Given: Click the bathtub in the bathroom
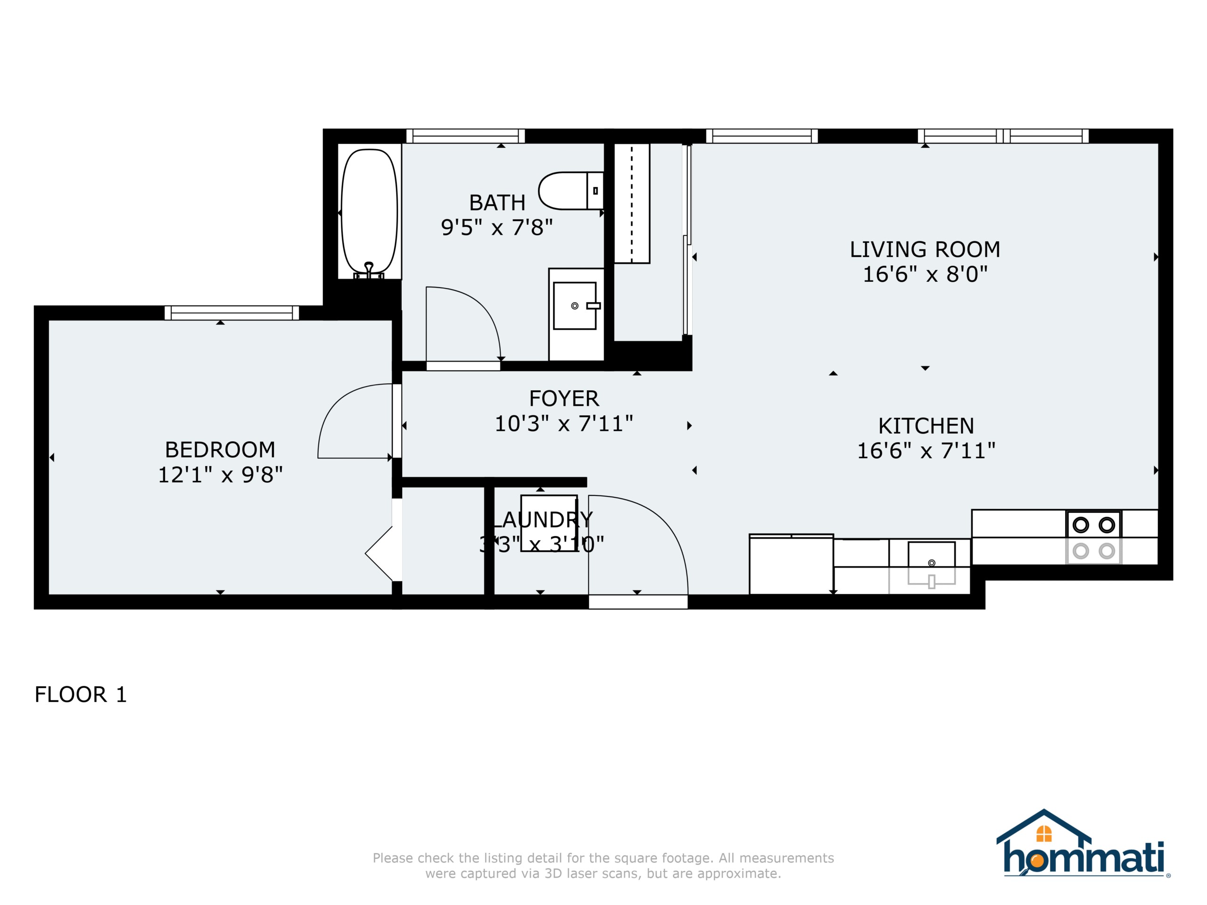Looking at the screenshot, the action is click(x=369, y=213).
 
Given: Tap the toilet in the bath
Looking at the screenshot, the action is click(x=571, y=191).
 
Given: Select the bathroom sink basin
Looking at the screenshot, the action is click(x=575, y=305).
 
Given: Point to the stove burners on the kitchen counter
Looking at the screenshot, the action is click(x=1093, y=537).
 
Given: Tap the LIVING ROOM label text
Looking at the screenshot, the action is click(x=925, y=250).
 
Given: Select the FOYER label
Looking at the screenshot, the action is click(x=564, y=399).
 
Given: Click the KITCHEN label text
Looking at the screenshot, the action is click(x=926, y=426).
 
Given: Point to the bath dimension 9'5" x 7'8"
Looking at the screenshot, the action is click(x=496, y=228).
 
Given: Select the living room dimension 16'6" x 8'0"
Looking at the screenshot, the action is click(x=925, y=274).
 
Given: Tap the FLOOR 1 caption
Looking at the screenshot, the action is click(x=81, y=694).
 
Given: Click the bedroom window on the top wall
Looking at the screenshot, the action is click(x=232, y=313).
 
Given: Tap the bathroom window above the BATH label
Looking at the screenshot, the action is click(x=465, y=136).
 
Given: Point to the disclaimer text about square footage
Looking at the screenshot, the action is click(x=603, y=866).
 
